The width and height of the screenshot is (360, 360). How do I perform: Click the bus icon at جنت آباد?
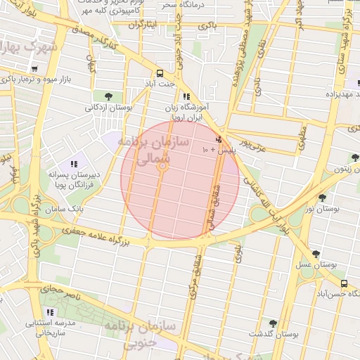pos(160,73)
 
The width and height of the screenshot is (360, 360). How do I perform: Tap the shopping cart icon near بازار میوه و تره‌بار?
pos(34,69)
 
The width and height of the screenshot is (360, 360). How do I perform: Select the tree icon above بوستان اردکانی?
pos(108,96)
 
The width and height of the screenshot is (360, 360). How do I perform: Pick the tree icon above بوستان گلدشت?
pos(273,323)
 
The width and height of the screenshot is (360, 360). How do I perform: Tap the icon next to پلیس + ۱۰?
pos(219,139)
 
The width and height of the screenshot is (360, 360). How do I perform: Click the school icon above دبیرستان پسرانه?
pos(73,164)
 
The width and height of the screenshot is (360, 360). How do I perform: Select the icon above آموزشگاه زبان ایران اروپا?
pos(186,97)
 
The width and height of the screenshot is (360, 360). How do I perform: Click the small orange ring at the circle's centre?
pos(162,167)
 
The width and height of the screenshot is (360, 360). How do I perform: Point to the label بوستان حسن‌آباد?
pos(325,292)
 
